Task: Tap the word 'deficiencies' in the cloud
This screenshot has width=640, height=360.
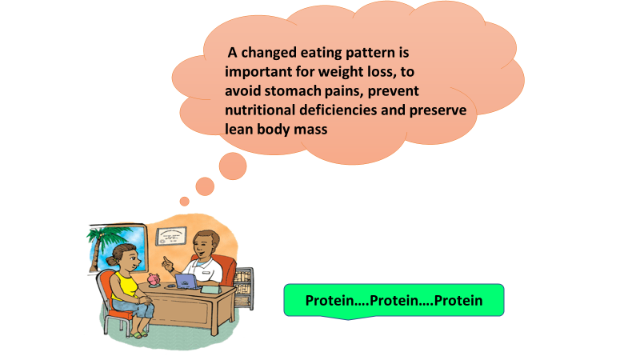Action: [338, 110]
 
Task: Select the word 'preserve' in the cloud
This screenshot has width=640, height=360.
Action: [438, 110]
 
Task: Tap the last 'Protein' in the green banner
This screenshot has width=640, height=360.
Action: [458, 301]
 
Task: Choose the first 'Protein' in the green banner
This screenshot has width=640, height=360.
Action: [330, 301]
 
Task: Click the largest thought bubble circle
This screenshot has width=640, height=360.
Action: [233, 166]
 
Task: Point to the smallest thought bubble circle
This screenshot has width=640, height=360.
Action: [185, 202]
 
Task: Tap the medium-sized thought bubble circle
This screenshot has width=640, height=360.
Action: [205, 186]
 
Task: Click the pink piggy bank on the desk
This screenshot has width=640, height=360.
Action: [154, 279]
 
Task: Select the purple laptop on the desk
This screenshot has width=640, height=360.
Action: [186, 282]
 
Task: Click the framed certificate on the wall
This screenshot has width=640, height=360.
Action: [171, 236]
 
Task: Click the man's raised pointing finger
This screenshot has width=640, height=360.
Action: [165, 259]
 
